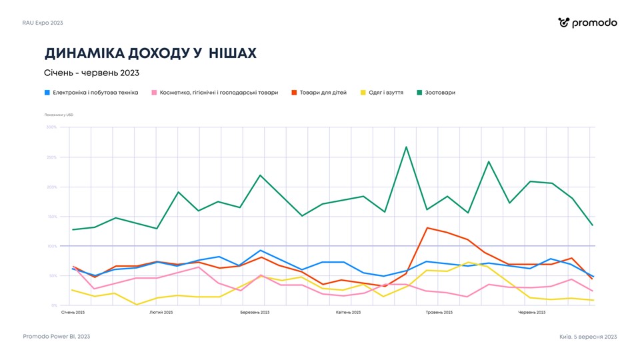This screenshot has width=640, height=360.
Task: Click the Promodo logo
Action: (x=587, y=23)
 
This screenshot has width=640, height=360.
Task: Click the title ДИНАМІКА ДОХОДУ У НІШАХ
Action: (x=150, y=53)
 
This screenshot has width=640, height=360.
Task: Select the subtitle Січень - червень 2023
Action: (x=91, y=73)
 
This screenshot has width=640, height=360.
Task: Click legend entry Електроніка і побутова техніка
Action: (x=91, y=93)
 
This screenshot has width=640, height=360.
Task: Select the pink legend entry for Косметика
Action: (x=215, y=93)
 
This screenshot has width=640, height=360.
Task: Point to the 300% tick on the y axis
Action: (x=51, y=127)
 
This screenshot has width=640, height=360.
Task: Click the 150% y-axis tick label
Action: (x=51, y=217)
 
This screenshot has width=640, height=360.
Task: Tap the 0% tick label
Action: (x=54, y=305)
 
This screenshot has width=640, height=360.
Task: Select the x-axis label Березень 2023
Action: (x=255, y=312)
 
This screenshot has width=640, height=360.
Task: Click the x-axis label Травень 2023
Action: (x=439, y=312)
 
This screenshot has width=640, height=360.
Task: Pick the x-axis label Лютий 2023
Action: (x=161, y=312)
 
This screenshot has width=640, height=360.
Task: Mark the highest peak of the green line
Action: (x=406, y=147)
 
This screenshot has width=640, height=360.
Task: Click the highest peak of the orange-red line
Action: (x=427, y=228)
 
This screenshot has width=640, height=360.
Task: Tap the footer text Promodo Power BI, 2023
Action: (x=56, y=337)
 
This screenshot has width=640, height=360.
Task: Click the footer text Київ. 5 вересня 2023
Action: (x=588, y=337)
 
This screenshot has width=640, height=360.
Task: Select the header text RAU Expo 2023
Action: (x=43, y=23)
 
